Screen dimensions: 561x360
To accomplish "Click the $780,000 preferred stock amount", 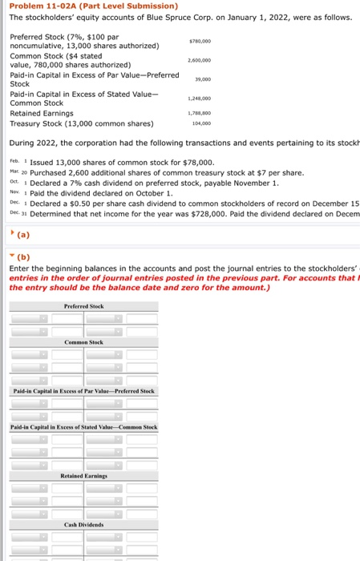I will pyautogui.click(x=199, y=39).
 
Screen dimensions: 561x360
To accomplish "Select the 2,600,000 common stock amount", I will pyautogui.click(x=199, y=60).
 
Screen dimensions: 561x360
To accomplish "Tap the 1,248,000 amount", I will pyautogui.click(x=199, y=99).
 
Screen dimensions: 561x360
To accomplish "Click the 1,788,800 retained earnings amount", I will pyautogui.click(x=199, y=114).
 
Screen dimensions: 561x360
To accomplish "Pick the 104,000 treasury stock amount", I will pyautogui.click(x=200, y=123).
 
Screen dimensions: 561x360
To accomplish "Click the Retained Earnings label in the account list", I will pyautogui.click(x=38, y=113).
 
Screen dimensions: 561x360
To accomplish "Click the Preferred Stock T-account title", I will pyautogui.click(x=83, y=305).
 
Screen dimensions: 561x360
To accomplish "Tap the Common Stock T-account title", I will pyautogui.click(x=84, y=342).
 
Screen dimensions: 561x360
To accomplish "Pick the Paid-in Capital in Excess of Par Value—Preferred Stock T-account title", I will pyautogui.click(x=84, y=390).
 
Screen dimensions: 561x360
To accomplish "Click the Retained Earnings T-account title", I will pyautogui.click(x=84, y=476).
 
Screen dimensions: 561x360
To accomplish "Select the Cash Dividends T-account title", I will pyautogui.click(x=84, y=524).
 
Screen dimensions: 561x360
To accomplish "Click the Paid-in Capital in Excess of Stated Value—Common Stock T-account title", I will pyautogui.click(x=84, y=428).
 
